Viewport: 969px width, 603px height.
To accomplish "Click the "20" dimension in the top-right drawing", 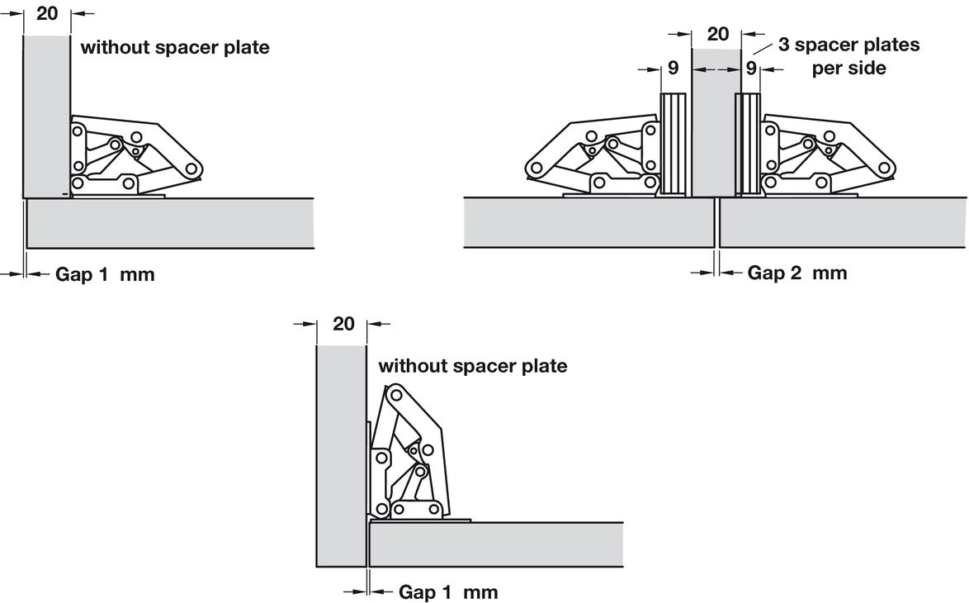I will tap(718, 34).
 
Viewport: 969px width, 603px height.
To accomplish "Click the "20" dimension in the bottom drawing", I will tap(343, 324).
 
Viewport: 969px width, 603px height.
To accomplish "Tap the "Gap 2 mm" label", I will tap(796, 273).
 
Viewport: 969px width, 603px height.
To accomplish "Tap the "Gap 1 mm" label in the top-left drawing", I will tap(105, 274).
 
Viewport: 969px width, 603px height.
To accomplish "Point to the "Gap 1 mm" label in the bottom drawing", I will tap(448, 592).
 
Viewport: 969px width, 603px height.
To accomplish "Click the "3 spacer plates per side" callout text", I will tap(848, 56).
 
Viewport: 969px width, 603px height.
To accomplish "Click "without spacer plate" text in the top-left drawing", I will tap(175, 47).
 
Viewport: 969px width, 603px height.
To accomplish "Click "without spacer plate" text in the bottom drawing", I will tap(472, 365).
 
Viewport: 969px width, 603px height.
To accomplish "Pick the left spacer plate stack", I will tap(674, 145).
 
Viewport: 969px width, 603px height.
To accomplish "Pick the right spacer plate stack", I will tap(748, 145).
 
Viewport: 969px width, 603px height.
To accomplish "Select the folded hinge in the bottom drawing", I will tap(409, 458).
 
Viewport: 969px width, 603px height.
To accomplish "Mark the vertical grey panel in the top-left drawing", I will tap(45, 116).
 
